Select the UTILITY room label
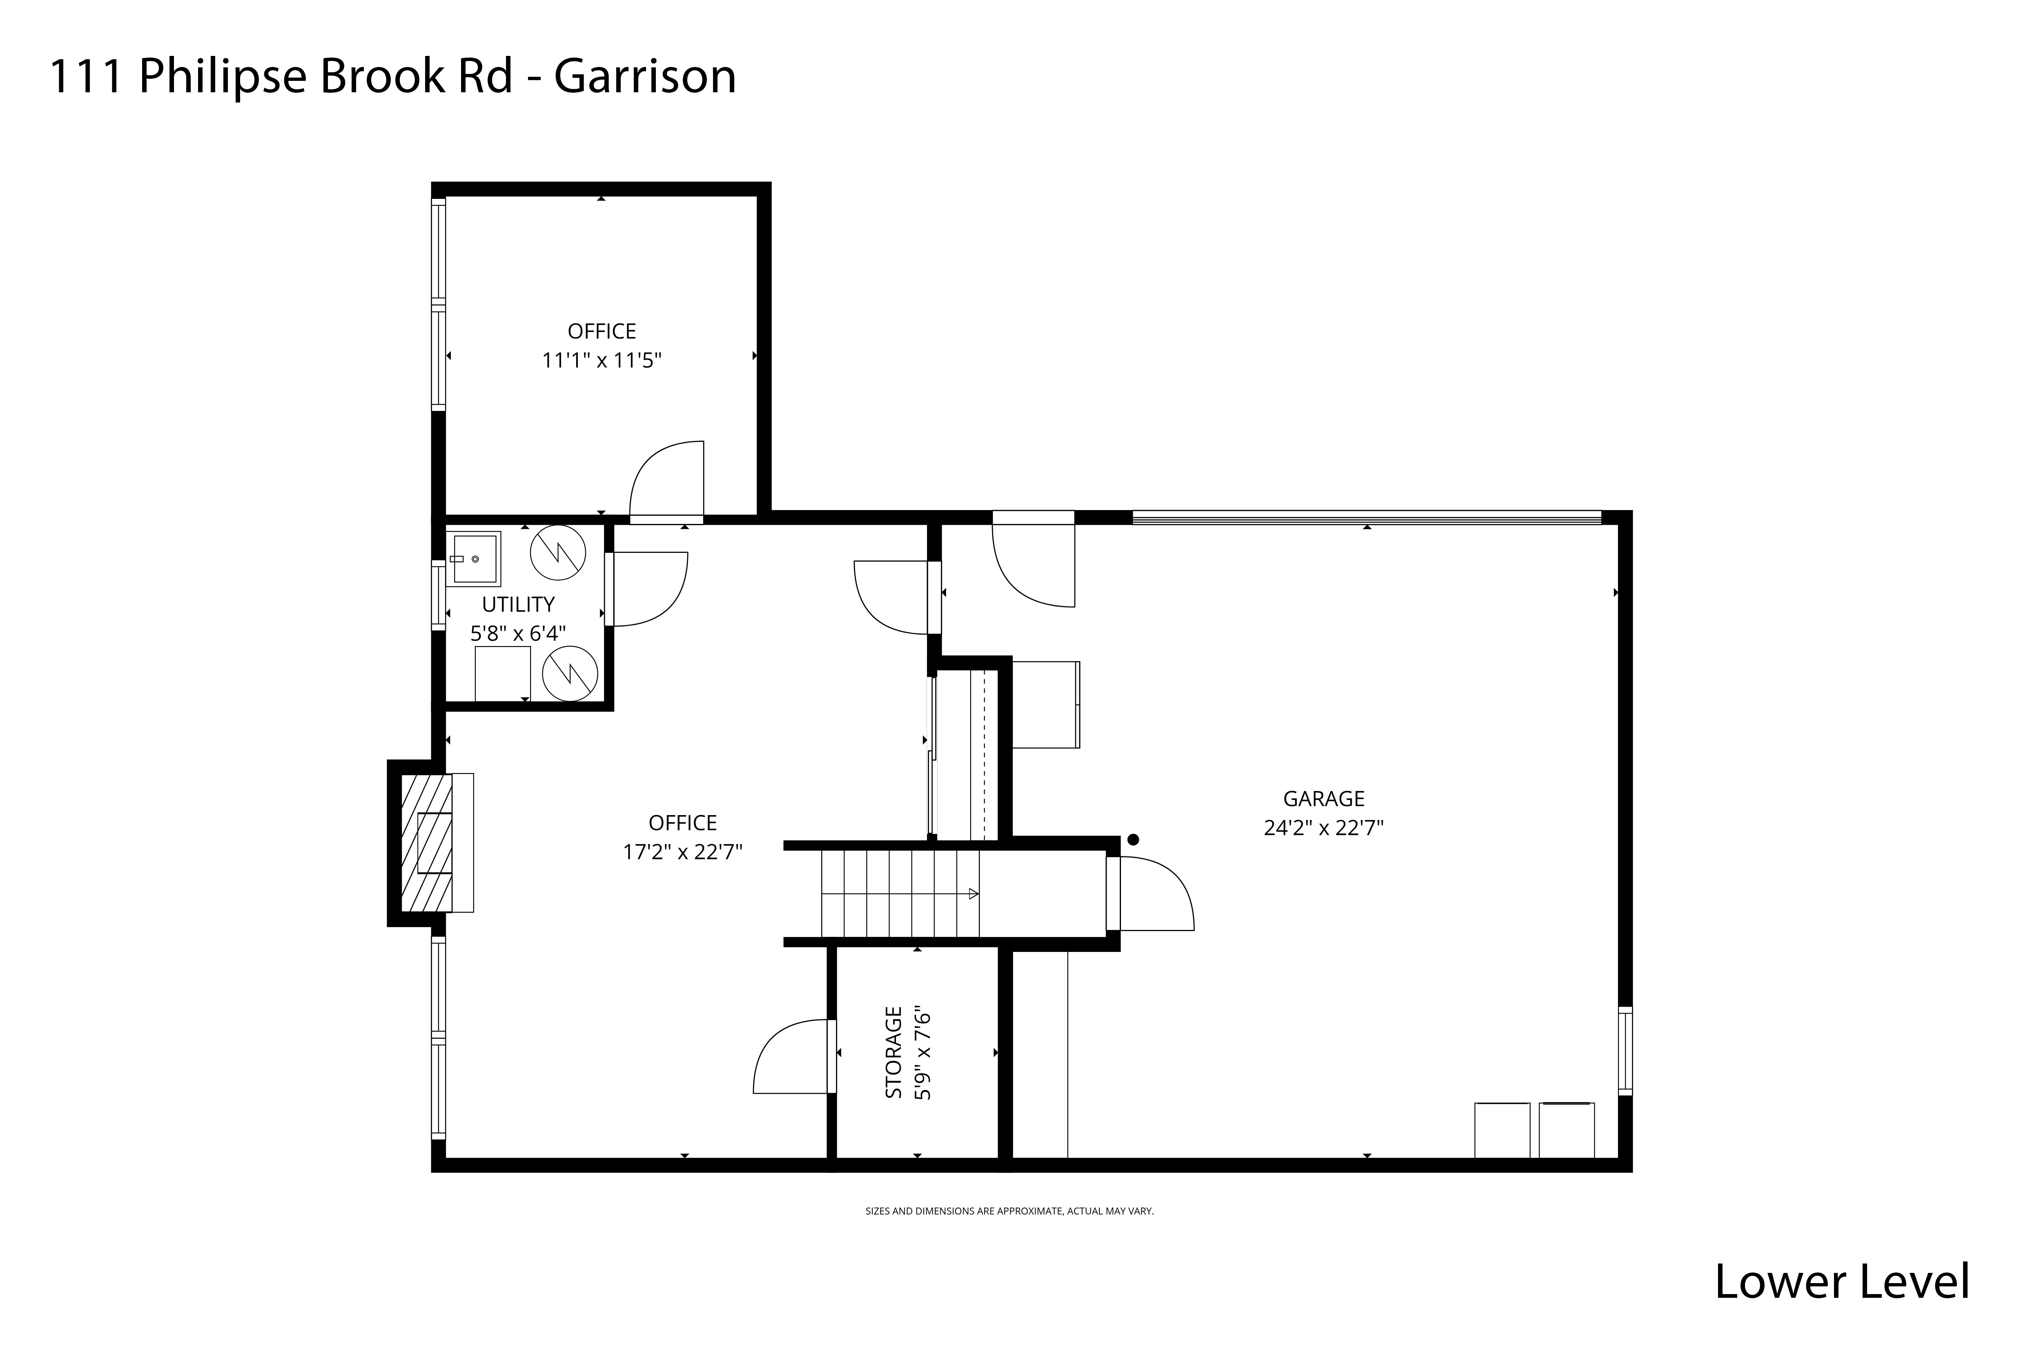[x=518, y=604]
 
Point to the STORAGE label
[x=894, y=1052]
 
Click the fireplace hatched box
[x=427, y=842]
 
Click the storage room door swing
[x=790, y=1058]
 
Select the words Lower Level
[x=1841, y=1282]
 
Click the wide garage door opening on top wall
[x=1366, y=517]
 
